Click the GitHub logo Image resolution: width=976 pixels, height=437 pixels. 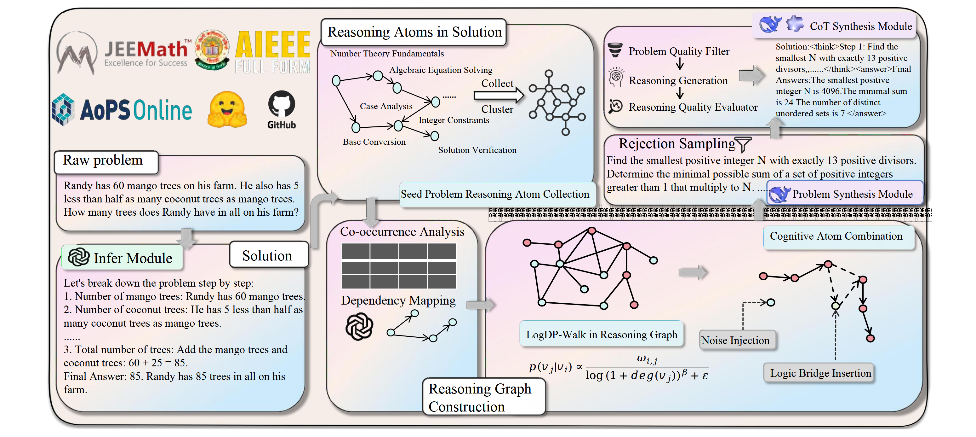[x=281, y=109]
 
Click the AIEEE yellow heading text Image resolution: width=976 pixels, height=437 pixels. [x=272, y=45]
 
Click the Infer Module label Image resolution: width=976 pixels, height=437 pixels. [x=132, y=258]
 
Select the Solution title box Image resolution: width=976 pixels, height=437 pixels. [x=267, y=256]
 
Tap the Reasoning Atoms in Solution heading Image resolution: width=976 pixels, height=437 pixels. [x=414, y=32]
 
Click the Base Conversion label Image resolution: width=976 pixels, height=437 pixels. [x=374, y=142]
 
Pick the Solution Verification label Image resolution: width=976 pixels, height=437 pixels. [x=477, y=150]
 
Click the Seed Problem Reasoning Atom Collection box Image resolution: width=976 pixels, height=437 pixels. [x=495, y=194]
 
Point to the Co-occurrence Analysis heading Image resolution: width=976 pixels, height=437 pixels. [x=402, y=231]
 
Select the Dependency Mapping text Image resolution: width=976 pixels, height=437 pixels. [x=398, y=300]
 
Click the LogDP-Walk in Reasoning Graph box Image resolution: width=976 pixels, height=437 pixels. [x=601, y=335]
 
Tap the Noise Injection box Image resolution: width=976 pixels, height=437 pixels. [x=735, y=340]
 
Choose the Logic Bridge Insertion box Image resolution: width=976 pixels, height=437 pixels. [x=820, y=373]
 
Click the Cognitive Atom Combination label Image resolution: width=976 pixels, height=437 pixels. [x=836, y=236]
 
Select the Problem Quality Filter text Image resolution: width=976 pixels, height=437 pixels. [x=679, y=51]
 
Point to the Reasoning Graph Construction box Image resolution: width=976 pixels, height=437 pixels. [x=480, y=398]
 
